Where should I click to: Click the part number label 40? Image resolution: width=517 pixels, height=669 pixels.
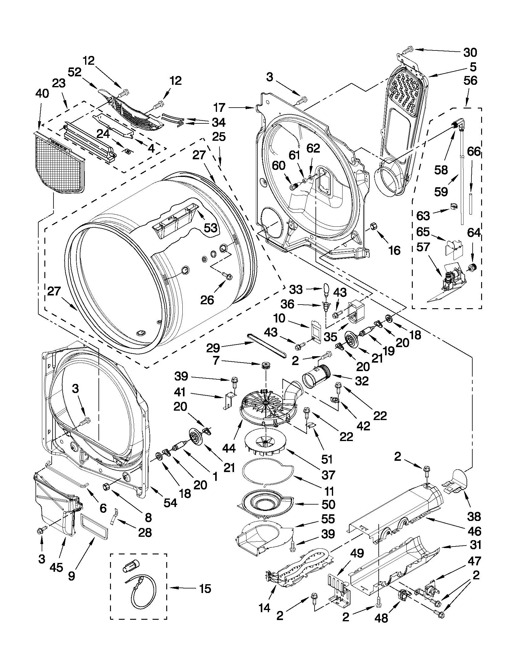click(42, 93)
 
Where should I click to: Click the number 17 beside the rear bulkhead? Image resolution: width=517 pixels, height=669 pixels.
click(219, 108)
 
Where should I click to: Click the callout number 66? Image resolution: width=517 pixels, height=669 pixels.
click(474, 152)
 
